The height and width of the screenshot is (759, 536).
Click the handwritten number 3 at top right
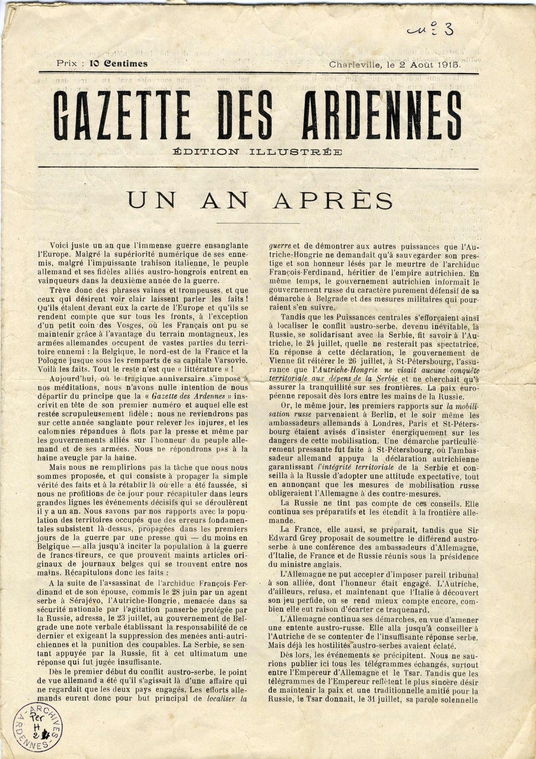448,29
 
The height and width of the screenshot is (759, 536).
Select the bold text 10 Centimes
118,64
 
